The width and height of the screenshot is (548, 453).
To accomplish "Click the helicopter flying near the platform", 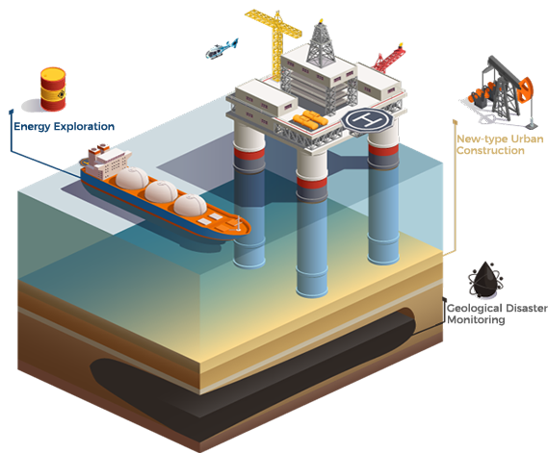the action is pyautogui.click(x=221, y=50).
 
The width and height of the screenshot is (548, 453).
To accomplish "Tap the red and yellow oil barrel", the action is pyautogui.click(x=53, y=89).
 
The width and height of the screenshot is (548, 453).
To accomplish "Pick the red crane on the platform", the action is pyautogui.click(x=389, y=59).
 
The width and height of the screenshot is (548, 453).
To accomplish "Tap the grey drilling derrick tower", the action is pyautogui.click(x=320, y=43).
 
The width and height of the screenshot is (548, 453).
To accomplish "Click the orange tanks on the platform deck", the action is pyautogui.click(x=310, y=119).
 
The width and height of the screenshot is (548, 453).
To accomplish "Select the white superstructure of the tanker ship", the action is pyautogui.click(x=108, y=162).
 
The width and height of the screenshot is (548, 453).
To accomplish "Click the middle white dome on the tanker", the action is pyautogui.click(x=161, y=191).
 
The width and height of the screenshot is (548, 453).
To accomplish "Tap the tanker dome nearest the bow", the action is pyautogui.click(x=190, y=205).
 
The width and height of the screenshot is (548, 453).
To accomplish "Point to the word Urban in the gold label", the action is pyautogui.click(x=527, y=138).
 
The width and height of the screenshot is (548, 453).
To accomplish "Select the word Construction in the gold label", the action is pyautogui.click(x=490, y=150).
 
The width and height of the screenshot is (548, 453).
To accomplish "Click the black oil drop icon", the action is pyautogui.click(x=485, y=280).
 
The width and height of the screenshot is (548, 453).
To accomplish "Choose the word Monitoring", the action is pyautogui.click(x=476, y=319).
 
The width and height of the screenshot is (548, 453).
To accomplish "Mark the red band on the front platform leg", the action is pyautogui.click(x=312, y=183).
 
